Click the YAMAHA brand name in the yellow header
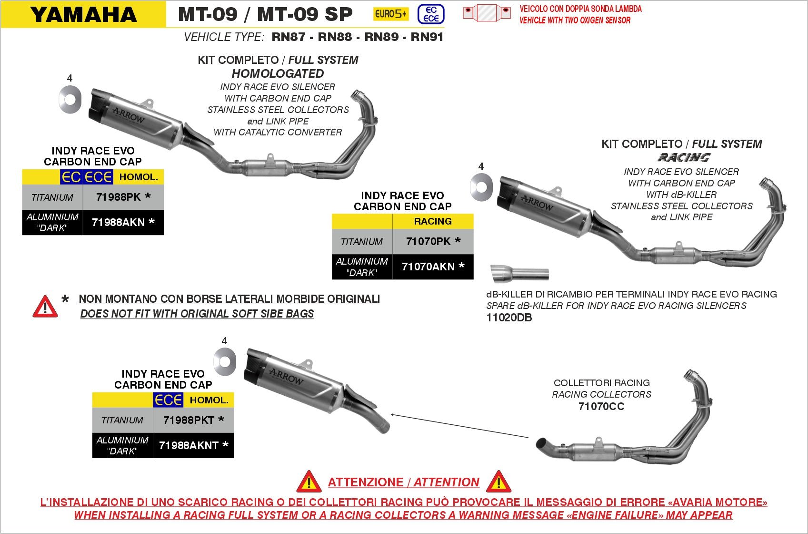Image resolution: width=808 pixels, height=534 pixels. (84, 15)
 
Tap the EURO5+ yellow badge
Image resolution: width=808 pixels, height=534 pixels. (390, 14)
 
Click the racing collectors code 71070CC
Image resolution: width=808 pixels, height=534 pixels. (601, 407)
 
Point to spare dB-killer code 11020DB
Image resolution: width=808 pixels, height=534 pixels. (509, 318)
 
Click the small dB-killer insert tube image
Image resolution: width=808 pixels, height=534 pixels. (519, 274)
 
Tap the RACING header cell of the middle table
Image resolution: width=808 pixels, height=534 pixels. (432, 221)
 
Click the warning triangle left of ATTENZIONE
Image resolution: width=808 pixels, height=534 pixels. (309, 482)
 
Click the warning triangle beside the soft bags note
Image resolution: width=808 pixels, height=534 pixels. (45, 307)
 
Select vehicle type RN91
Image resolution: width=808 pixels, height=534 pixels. (427, 37)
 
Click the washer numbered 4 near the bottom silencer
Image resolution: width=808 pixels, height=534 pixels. (225, 361)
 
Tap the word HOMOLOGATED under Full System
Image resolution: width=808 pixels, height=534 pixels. (278, 74)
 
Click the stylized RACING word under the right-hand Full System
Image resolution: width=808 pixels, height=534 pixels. (684, 157)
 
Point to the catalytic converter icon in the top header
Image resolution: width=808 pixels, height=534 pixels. (487, 13)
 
